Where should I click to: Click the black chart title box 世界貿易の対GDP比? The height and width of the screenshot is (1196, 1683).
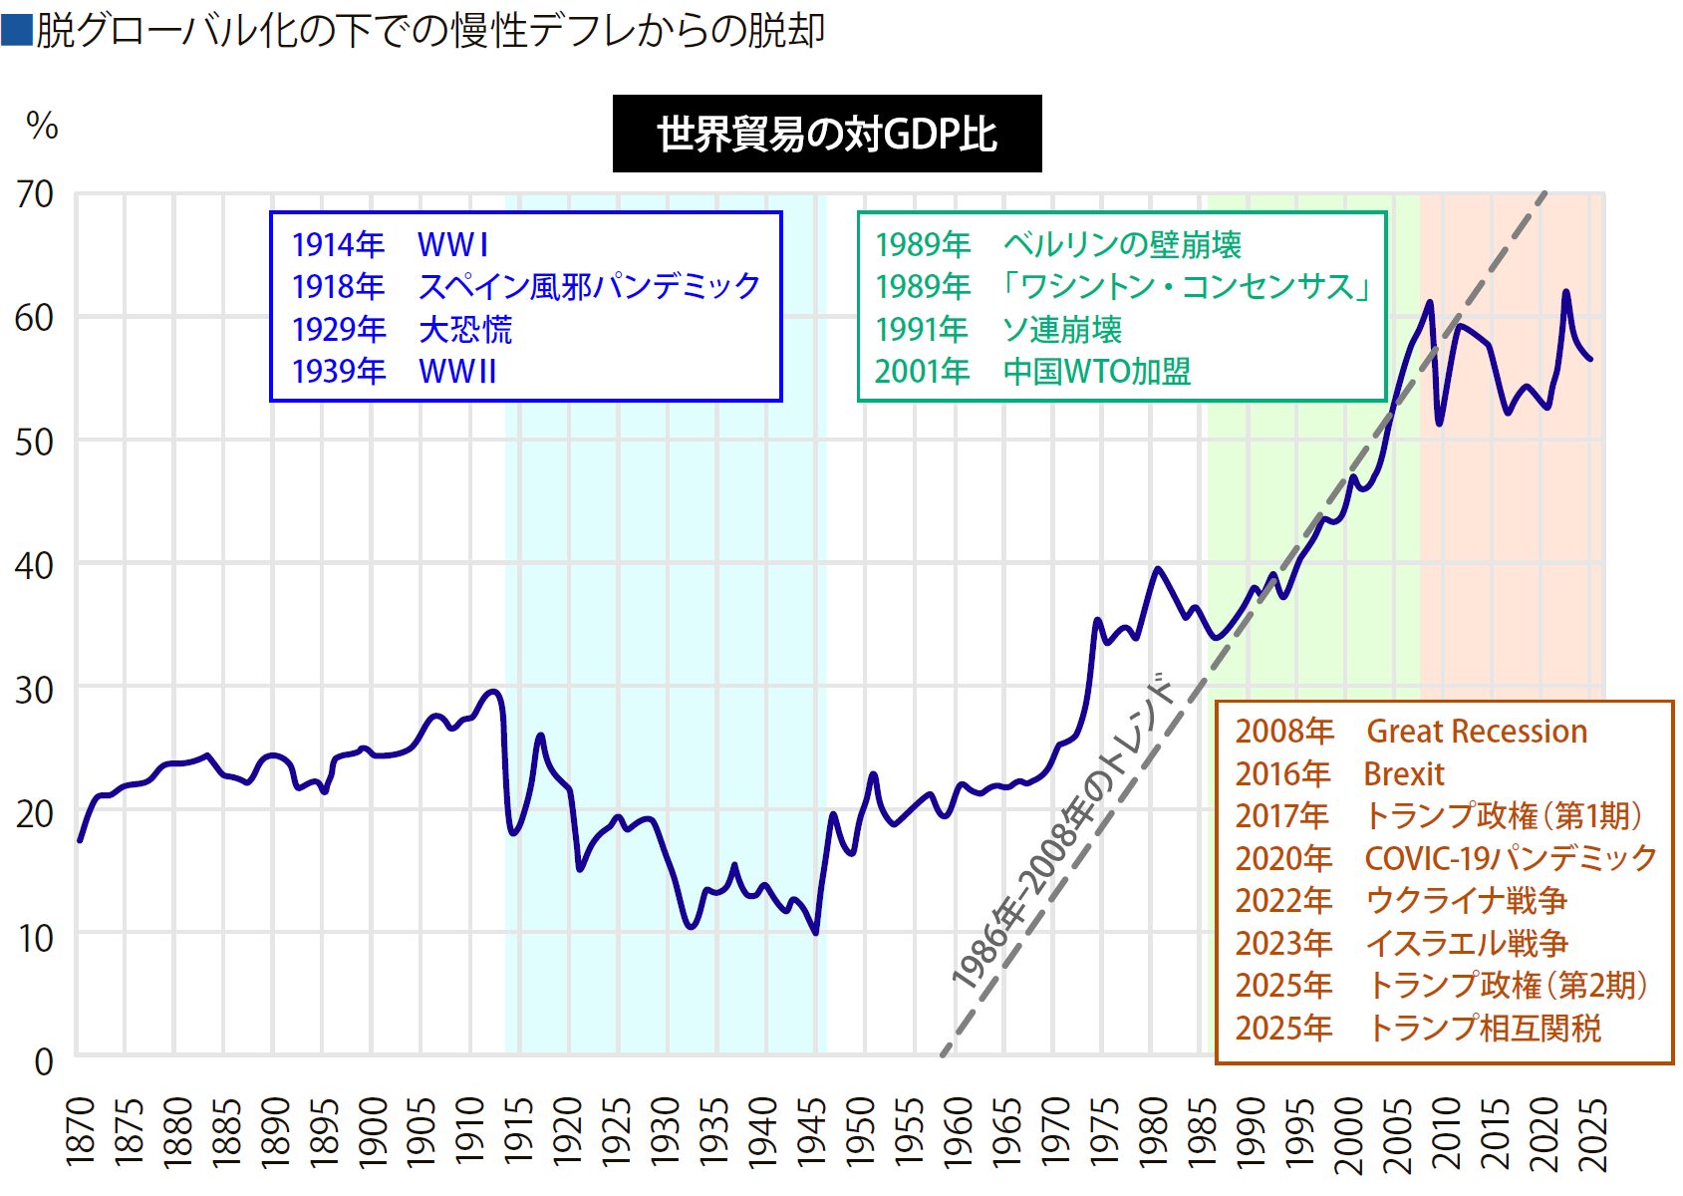826,134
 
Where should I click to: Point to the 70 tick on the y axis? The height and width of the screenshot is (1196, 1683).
35,194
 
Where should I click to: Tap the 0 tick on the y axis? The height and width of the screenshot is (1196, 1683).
44,1061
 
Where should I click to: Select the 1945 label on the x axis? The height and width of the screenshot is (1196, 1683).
811,1131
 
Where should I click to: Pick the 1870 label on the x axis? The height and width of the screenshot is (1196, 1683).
80,1131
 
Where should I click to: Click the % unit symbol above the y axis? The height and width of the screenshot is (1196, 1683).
42,127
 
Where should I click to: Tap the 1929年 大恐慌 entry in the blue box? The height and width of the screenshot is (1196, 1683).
402,329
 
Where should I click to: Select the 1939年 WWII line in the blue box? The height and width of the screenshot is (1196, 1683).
394,372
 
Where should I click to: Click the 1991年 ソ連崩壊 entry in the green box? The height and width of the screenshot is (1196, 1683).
997,329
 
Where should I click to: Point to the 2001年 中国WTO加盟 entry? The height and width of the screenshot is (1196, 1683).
1032,372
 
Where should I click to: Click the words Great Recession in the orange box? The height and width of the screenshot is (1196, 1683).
1476,732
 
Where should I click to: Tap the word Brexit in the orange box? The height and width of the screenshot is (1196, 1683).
1403,774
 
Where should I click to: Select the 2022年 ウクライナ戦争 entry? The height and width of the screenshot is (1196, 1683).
1400,901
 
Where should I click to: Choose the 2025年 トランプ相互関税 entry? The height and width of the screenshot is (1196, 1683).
1417,1028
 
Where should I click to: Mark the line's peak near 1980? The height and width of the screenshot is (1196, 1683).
1157,569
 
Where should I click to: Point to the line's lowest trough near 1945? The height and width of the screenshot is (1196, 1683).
816,933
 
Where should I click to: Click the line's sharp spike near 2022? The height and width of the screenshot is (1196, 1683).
1566,292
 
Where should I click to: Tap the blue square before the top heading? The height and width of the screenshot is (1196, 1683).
17,30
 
